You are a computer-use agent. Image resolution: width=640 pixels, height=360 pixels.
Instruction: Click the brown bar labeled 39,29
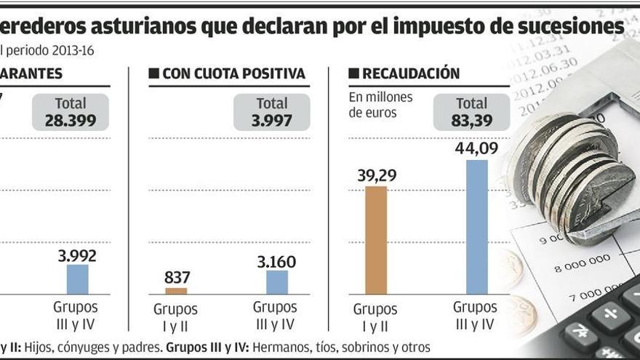click(x=376, y=240)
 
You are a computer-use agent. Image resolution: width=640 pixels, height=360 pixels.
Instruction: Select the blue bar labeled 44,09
click(x=476, y=227)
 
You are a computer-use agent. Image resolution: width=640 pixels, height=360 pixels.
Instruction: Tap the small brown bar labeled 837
click(x=176, y=291)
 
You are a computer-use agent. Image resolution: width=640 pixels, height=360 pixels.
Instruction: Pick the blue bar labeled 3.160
click(x=277, y=282)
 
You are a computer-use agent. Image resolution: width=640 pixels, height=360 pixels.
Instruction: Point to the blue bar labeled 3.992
click(x=77, y=279)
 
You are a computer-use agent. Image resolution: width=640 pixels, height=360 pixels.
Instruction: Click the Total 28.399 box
click(x=71, y=112)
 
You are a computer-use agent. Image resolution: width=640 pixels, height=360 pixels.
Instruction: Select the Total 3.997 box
click(x=271, y=112)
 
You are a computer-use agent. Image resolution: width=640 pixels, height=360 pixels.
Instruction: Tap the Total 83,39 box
click(x=471, y=112)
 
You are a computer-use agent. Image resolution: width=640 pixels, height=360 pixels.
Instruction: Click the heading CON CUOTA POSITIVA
click(x=233, y=74)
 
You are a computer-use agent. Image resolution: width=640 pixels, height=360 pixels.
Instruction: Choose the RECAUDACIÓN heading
click(x=411, y=74)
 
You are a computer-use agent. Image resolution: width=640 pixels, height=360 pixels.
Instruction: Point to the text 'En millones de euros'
click(x=380, y=105)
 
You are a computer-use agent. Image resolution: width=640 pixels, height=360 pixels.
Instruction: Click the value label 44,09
click(x=476, y=148)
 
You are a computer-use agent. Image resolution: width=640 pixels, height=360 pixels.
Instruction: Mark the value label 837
click(x=177, y=277)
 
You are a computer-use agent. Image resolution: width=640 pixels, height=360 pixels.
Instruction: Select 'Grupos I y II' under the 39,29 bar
click(x=375, y=317)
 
